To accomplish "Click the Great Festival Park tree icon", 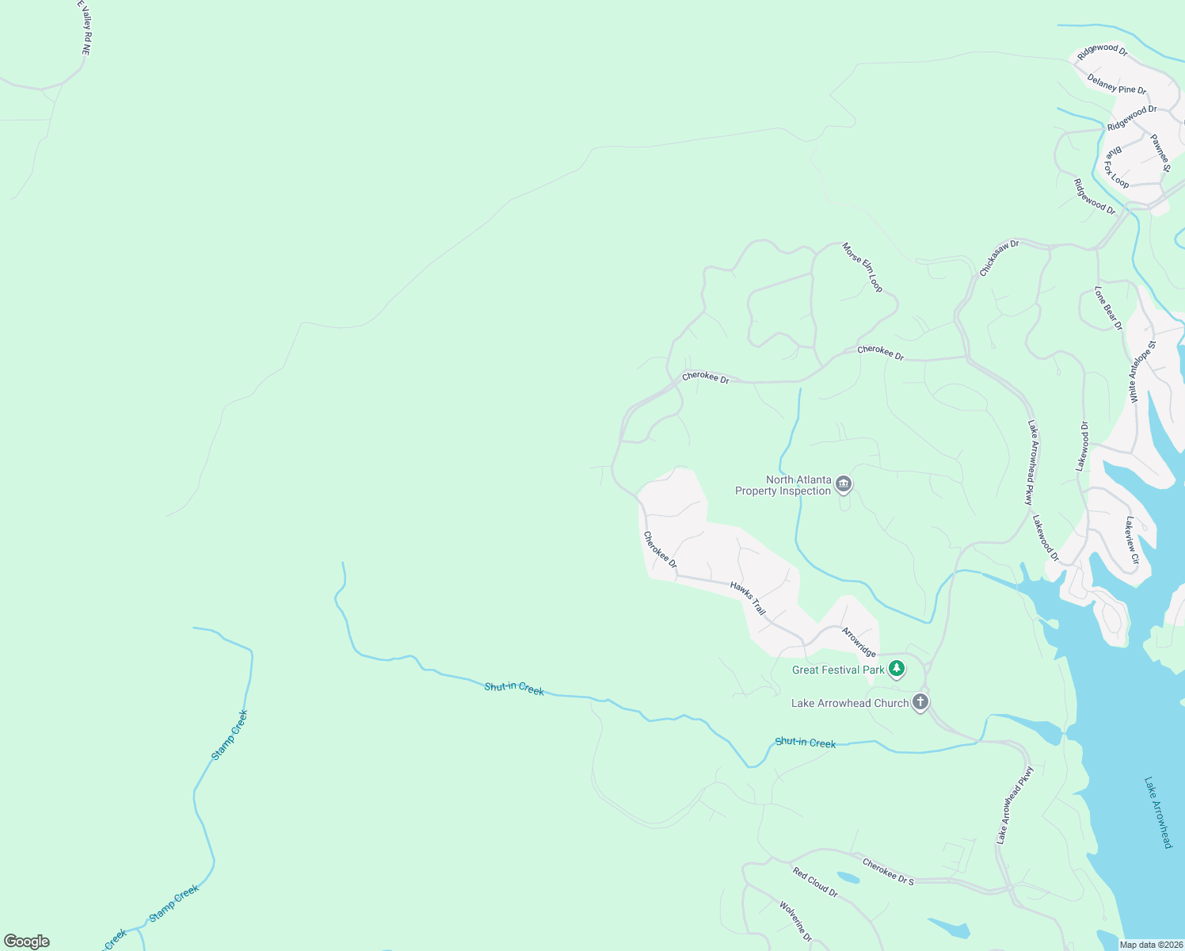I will tap(896, 669).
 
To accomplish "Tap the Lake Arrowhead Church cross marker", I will tap(920, 702).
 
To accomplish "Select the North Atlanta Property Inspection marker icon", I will tap(844, 484).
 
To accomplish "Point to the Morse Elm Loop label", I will tap(863, 267).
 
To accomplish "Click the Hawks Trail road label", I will tap(748, 598).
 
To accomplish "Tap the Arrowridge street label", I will tap(859, 642).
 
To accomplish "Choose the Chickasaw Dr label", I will tap(999, 258).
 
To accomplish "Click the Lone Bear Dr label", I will tap(1108, 307).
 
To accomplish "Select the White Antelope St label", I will tap(1143, 372).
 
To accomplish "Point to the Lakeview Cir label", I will tap(1132, 540).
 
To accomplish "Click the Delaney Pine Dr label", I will tap(1116, 84).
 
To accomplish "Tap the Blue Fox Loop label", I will tap(1117, 166).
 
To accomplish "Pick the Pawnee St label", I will tap(1160, 153).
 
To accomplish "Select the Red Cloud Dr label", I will tap(815, 881).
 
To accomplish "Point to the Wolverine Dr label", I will tap(795, 922).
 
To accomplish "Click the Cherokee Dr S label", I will tap(888, 872).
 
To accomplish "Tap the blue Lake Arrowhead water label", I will tap(1157, 812).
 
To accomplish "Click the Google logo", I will tap(27, 941).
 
